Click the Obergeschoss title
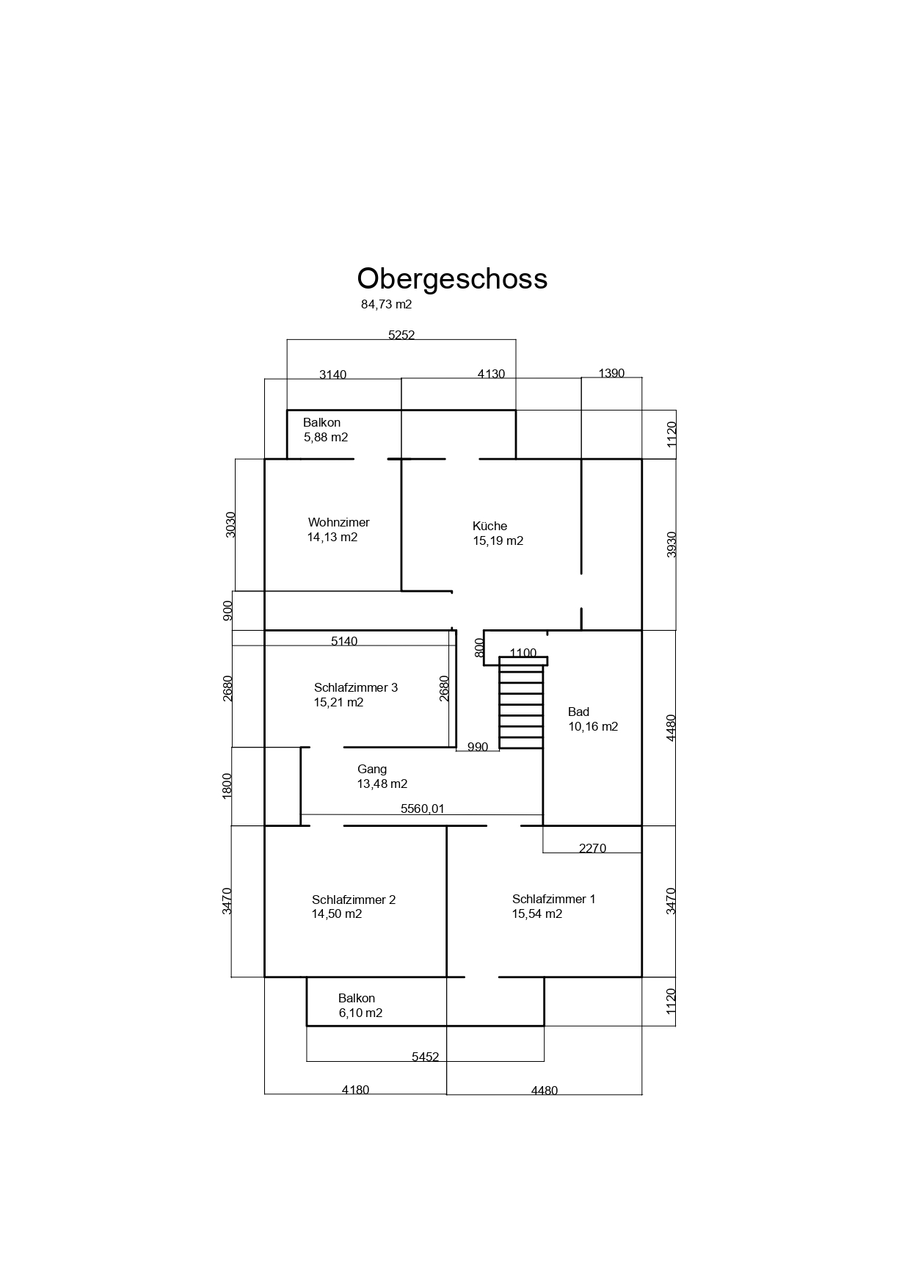click(452, 279)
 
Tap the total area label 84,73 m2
click(387, 304)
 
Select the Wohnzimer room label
click(339, 522)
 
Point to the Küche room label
click(490, 526)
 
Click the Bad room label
click(578, 712)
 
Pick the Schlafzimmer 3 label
click(356, 687)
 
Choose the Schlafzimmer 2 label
click(354, 900)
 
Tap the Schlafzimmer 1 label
click(554, 899)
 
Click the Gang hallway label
click(372, 770)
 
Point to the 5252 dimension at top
click(401, 335)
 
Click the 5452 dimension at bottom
click(425, 1057)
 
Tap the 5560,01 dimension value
click(423, 808)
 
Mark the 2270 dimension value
click(592, 848)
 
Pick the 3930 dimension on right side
click(671, 544)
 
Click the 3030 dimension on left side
click(230, 524)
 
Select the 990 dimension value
click(477, 747)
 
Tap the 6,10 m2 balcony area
click(360, 1013)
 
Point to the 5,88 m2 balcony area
click(326, 437)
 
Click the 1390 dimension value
click(611, 373)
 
